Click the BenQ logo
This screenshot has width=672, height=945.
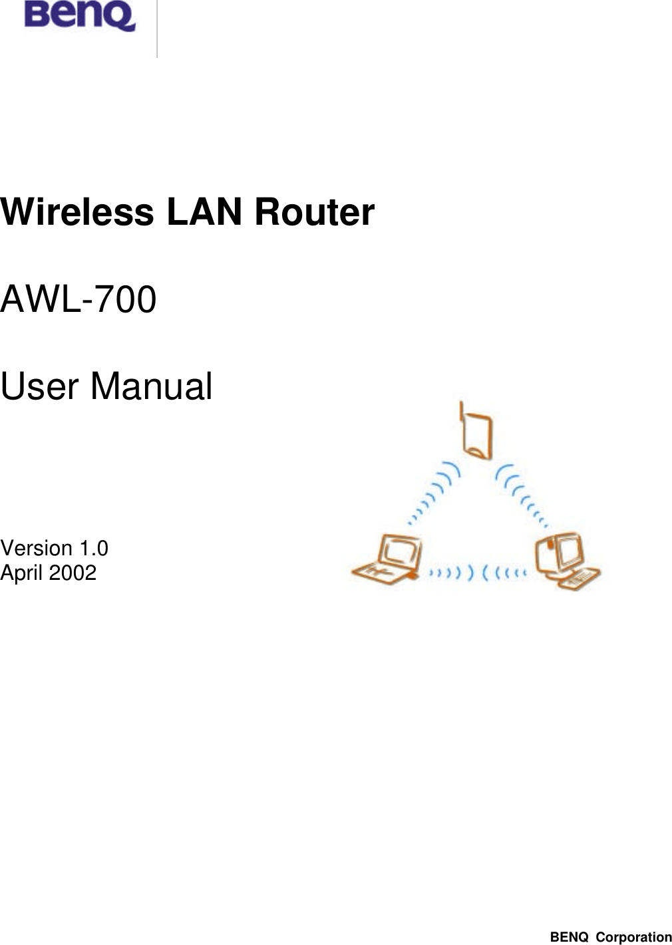tap(79, 15)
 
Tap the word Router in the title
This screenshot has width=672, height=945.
tap(315, 212)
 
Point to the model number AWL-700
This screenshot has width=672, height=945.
tap(79, 299)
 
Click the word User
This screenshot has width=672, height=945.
tap(39, 386)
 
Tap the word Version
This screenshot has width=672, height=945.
tap(37, 548)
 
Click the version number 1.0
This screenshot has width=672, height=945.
tap(94, 548)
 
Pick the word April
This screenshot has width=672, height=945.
tap(21, 573)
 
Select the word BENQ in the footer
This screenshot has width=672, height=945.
tap(569, 937)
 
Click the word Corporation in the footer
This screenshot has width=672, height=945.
tap(633, 937)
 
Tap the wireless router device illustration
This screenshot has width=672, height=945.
tap(478, 436)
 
